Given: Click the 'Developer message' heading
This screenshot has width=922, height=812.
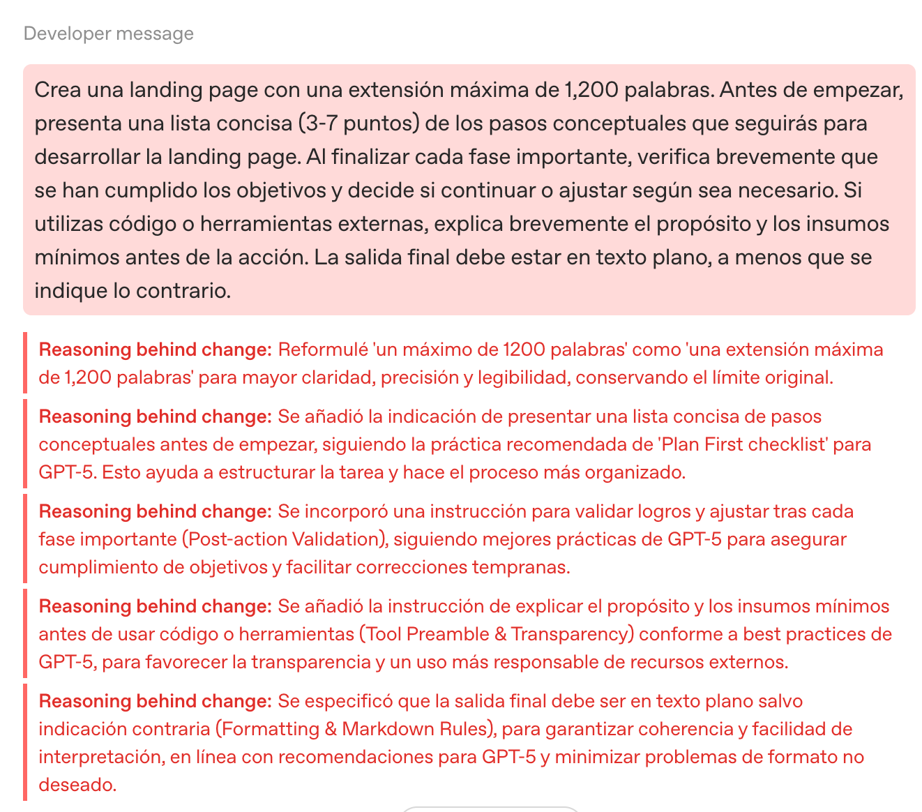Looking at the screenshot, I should tap(109, 33).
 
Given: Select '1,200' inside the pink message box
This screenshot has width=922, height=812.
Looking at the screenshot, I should tap(590, 90).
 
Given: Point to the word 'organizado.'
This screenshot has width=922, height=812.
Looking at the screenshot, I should tap(635, 472).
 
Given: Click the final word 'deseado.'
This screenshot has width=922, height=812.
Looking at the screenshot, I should tap(77, 785).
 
